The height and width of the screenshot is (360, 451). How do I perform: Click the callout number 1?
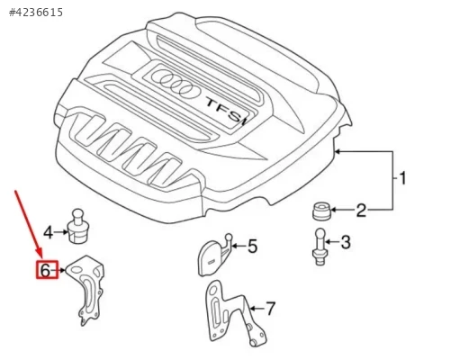pyautogui.click(x=403, y=178)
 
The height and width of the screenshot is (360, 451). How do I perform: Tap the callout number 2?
pyautogui.click(x=361, y=211)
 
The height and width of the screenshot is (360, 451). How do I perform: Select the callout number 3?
pyautogui.click(x=346, y=242)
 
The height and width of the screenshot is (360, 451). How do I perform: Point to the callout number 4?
pyautogui.click(x=49, y=232)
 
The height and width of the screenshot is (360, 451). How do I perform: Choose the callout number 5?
pyautogui.click(x=252, y=247)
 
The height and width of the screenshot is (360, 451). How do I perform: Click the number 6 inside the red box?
pyautogui.click(x=45, y=271)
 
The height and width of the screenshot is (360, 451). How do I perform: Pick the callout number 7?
pyautogui.click(x=270, y=309)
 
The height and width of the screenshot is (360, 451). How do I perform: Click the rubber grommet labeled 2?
pyautogui.click(x=321, y=211)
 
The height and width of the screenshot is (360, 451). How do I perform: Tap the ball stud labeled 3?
pyautogui.click(x=320, y=247)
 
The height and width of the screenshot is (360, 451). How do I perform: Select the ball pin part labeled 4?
pyautogui.click(x=78, y=227)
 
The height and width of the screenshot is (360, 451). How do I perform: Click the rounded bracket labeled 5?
pyautogui.click(x=214, y=255)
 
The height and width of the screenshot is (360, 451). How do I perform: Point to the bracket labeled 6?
pyautogui.click(x=86, y=289)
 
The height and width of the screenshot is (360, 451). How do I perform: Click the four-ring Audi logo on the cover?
pyautogui.click(x=176, y=83)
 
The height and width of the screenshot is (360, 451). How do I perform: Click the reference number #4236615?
pyautogui.click(x=36, y=13)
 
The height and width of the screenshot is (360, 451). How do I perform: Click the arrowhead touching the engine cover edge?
pyautogui.click(x=338, y=151)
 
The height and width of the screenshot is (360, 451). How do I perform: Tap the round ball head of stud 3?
pyautogui.click(x=320, y=234)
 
